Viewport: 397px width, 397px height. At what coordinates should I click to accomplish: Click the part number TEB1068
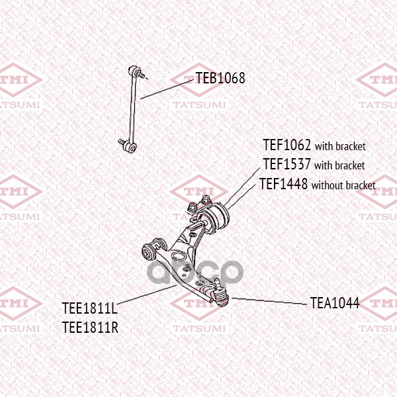(x=220, y=78)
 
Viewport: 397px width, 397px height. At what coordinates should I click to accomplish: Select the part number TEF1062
(x=287, y=145)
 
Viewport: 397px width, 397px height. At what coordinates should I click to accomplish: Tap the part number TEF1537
(x=287, y=164)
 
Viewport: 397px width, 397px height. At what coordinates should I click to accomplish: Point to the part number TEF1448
(x=284, y=183)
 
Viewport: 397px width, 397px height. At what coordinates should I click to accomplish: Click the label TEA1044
(x=335, y=303)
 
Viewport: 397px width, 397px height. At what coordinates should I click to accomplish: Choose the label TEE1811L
(x=90, y=308)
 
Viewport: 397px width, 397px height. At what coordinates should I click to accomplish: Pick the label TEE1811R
(x=90, y=327)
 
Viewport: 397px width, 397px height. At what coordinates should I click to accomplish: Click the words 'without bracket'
(x=343, y=185)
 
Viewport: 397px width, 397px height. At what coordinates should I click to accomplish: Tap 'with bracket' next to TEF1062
(x=340, y=146)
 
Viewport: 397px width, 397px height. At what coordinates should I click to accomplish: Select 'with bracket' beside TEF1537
(x=339, y=165)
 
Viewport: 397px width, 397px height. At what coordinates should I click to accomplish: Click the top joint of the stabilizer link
(x=134, y=71)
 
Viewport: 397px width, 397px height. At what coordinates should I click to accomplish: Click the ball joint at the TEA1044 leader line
(x=221, y=294)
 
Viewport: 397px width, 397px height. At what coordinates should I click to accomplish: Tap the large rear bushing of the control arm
(x=214, y=217)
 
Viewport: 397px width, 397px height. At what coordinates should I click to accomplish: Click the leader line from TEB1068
(x=167, y=89)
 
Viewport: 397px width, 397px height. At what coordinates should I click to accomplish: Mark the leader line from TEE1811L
(x=147, y=294)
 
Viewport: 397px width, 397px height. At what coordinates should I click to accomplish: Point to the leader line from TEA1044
(x=270, y=301)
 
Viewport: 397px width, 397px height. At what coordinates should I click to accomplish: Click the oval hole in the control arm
(x=179, y=255)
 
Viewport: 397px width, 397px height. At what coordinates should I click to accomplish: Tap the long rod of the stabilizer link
(x=132, y=109)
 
